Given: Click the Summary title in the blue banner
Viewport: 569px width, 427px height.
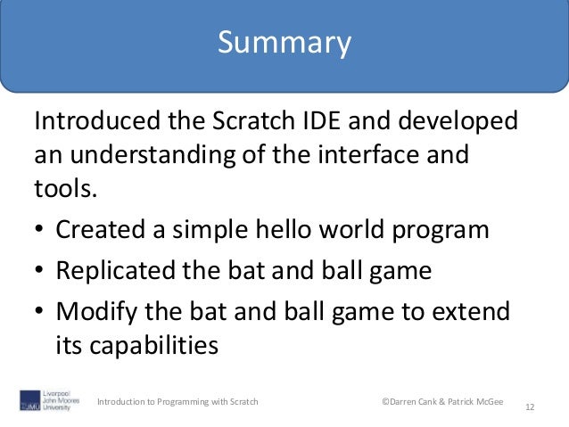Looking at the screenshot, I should tap(284, 42).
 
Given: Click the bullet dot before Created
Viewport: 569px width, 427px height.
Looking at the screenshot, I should tap(39, 230).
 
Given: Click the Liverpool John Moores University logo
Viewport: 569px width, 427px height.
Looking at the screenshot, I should tap(52, 400).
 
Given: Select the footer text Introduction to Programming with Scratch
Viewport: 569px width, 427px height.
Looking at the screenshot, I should tap(178, 403).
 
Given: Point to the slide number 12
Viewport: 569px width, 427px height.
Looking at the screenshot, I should tap(531, 407).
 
